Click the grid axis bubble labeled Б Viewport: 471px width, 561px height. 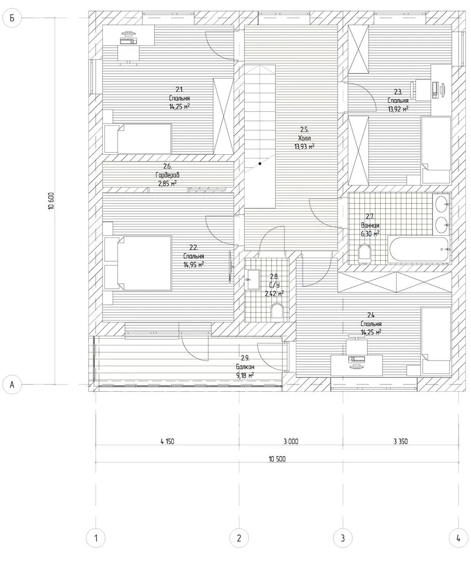tap(12, 18)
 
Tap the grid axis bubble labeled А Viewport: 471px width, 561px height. tap(12, 384)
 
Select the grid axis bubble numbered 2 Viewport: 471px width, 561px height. tap(239, 538)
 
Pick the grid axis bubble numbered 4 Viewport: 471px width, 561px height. tap(459, 538)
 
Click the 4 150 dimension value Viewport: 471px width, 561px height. tap(167, 442)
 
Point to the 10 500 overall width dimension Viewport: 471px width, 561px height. tap(277, 459)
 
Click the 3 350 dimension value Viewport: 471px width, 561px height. tap(400, 442)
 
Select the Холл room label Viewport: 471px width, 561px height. tap(304, 138)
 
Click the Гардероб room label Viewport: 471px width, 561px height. tap(167, 175)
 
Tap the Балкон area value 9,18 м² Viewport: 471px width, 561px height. tap(245, 376)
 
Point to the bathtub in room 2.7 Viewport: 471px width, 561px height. tap(419, 249)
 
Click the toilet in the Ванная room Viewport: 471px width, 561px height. tap(365, 252)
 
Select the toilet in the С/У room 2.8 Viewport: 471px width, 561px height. tap(277, 311)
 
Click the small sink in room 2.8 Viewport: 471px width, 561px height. tap(253, 279)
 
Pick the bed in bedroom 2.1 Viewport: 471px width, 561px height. tap(137, 139)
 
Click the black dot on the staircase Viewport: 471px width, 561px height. tap(260, 164)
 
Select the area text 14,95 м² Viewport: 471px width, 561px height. tap(194, 265)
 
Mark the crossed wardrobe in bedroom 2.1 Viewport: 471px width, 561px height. tap(223, 116)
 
